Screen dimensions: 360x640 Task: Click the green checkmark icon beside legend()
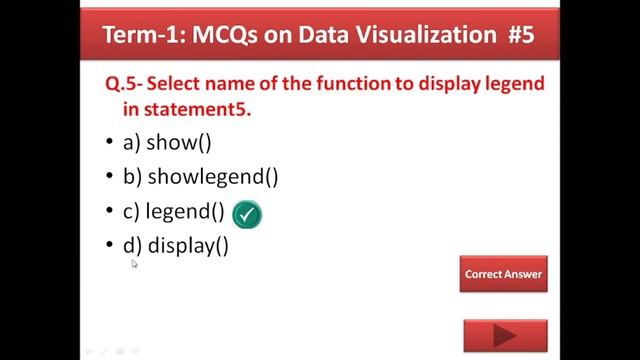click(246, 214)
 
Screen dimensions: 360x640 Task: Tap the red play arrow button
click(505, 337)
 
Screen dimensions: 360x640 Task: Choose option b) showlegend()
click(200, 177)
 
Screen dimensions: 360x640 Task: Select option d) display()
click(176, 246)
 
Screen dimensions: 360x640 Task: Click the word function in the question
click(350, 84)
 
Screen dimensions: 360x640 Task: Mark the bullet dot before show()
click(110, 143)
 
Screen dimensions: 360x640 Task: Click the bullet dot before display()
click(110, 246)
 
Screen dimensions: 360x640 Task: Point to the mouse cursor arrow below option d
click(134, 263)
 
